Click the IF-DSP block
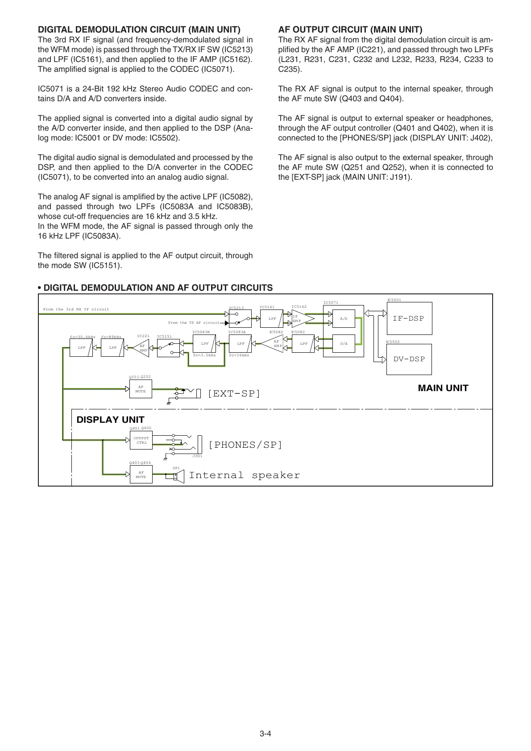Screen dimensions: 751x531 tap(409, 318)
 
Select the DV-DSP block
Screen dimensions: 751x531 tap(409, 359)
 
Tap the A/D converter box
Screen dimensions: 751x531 tap(344, 319)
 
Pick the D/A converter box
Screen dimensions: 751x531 tap(344, 344)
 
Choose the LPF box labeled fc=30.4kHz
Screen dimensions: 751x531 tap(82, 348)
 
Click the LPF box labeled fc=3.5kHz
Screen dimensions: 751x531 tap(204, 344)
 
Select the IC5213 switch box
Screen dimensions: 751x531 tap(240, 319)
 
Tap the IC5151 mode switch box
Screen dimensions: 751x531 tap(168, 348)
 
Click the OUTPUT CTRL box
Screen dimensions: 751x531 tap(141, 440)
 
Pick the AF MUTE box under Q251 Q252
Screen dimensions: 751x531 tap(141, 389)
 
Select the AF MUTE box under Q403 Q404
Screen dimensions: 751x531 tap(141, 475)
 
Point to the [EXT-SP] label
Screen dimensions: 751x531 tap(234, 393)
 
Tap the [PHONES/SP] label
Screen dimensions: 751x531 tap(245, 445)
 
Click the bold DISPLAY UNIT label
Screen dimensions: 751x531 tap(110, 420)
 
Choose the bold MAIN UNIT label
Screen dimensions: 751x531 tap(443, 388)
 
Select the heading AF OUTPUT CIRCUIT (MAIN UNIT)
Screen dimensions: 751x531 tap(350, 30)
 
